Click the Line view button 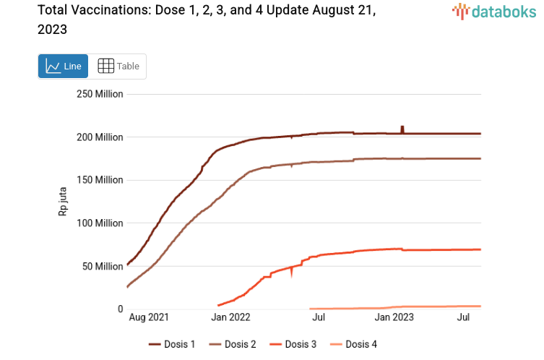(63, 67)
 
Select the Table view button (118, 67)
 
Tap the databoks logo (494, 11)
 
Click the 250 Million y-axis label (100, 94)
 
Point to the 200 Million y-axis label (100, 137)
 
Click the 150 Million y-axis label (100, 180)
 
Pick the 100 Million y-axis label (100, 223)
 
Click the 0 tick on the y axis (120, 309)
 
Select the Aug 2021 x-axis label (149, 317)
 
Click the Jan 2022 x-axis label (230, 317)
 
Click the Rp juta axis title (63, 202)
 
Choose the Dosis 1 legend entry (173, 344)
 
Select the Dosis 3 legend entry (293, 344)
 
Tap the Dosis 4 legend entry (353, 344)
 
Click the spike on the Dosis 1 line (402, 128)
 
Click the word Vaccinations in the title (102, 11)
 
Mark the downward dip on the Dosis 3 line (293, 273)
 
